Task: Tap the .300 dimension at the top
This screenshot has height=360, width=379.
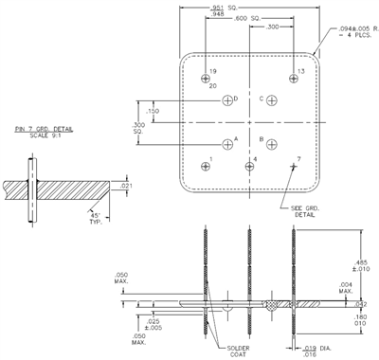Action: pos(272,27)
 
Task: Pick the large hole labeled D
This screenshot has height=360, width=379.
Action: pos(227,100)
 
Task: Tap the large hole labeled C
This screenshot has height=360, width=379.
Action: pos(272,100)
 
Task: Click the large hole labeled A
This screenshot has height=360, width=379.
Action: pos(227,145)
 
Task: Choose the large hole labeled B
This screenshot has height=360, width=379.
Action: pos(272,145)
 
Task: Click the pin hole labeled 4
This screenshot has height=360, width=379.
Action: pos(249,167)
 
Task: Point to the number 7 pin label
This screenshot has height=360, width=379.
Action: pos(298,158)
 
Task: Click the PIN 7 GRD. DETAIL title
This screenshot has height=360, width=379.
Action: pos(42,131)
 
